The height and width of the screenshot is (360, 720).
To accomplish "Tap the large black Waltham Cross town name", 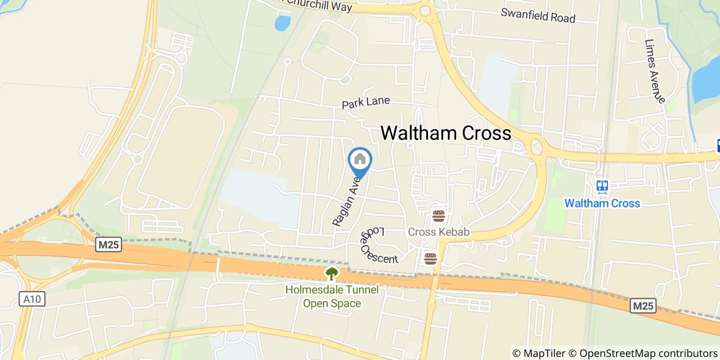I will click(x=445, y=133).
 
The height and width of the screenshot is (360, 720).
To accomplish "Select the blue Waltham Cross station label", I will click(x=602, y=203).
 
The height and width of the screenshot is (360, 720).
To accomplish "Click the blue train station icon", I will click(x=602, y=186).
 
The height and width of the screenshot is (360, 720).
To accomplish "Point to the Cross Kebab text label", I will click(x=438, y=232).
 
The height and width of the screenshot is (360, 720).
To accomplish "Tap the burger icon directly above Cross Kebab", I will click(x=438, y=216).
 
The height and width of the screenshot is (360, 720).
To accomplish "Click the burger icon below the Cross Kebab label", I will click(x=430, y=258).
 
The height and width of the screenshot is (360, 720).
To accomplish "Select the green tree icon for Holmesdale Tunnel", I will click(x=332, y=274).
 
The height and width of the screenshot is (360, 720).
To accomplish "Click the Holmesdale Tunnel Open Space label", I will click(x=332, y=296).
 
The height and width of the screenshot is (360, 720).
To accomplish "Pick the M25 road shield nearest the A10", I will click(x=109, y=245).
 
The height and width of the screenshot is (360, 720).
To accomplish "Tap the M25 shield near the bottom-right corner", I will click(x=643, y=307).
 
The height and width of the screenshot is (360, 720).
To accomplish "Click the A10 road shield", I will click(x=32, y=299).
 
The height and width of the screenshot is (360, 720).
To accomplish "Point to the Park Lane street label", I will click(x=366, y=103).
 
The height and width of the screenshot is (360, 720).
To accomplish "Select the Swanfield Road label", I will click(x=537, y=15).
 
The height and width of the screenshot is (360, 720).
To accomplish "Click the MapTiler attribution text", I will click(x=538, y=353).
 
